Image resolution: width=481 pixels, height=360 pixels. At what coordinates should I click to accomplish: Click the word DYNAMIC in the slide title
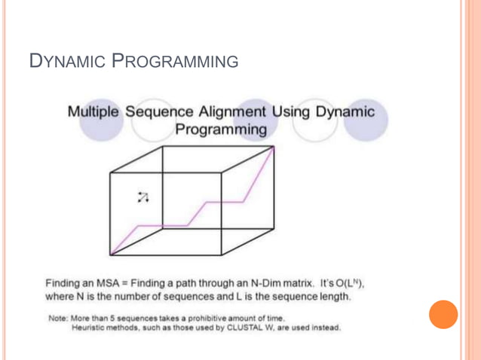tap(67, 61)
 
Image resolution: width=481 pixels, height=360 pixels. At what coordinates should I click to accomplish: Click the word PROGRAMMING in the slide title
tap(175, 61)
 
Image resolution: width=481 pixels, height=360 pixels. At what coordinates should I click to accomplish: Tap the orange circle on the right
tap(443, 313)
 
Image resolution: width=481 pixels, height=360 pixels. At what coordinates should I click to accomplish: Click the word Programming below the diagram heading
tap(221, 130)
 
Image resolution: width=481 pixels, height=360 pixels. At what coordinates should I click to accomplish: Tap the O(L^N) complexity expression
tap(348, 284)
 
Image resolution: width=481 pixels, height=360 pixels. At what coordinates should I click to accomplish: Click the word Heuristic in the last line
tap(89, 328)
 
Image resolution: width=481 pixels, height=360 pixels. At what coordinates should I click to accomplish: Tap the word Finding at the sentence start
tap(64, 284)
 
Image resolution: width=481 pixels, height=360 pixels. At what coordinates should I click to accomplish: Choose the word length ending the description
tap(335, 297)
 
